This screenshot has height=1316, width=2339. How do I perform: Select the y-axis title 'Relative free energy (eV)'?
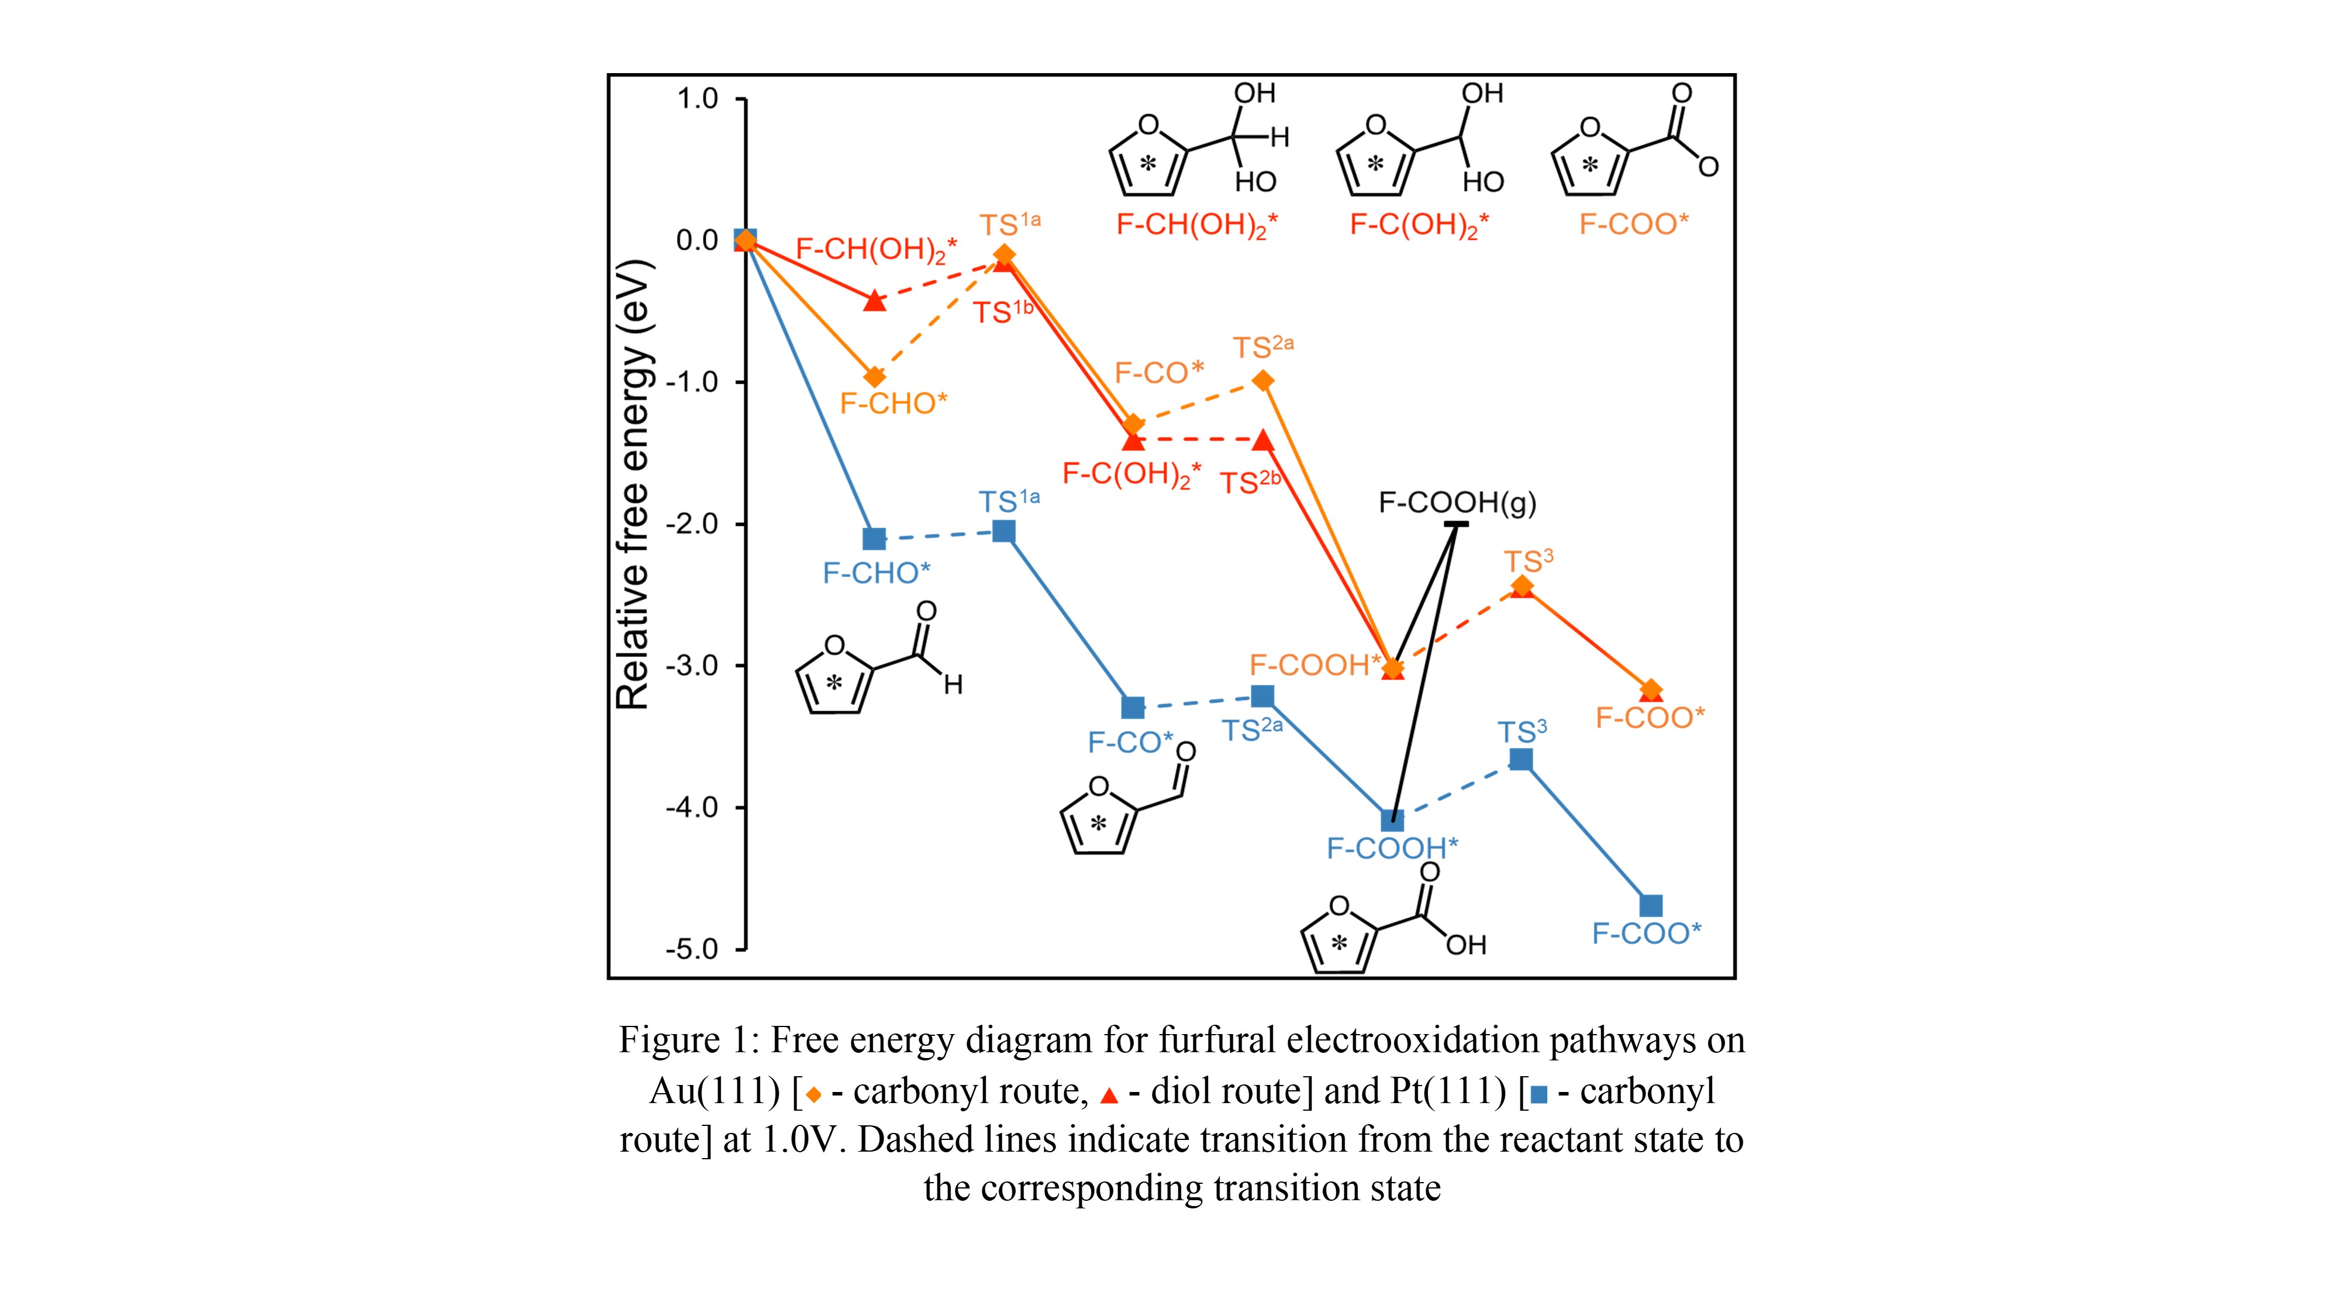pos(634,484)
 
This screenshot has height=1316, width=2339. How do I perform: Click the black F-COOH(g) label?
pos(1457,502)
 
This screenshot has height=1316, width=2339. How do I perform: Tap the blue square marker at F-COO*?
pos(1651,905)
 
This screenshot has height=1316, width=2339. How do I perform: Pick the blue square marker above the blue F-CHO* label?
pos(874,539)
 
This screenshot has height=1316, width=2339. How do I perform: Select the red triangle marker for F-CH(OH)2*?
pos(874,301)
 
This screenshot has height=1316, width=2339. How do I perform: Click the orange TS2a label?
pos(1262,347)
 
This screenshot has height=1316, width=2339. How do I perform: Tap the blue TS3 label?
pos(1522,731)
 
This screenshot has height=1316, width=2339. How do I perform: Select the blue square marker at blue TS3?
pos(1521,759)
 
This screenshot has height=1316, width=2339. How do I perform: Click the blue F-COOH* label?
pos(1392,848)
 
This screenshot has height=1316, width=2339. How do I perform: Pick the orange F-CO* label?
pos(1158,373)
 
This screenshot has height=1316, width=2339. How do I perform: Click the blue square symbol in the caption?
pos(1538,1094)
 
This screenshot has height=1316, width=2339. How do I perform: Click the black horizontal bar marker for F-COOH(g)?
pos(1457,524)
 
